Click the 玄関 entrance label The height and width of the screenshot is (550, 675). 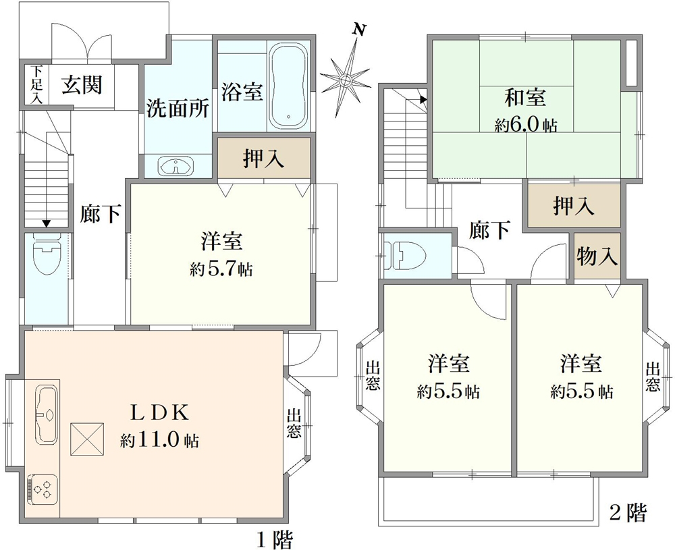click(x=82, y=84)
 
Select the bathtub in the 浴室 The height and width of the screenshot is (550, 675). click(x=288, y=85)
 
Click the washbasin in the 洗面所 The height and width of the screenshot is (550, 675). click(x=176, y=166)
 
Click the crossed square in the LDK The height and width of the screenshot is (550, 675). click(x=87, y=439)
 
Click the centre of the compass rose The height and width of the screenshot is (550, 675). click(x=345, y=80)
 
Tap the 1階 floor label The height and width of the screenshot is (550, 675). click(x=275, y=539)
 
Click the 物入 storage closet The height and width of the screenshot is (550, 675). click(x=597, y=256)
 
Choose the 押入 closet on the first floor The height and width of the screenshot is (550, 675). click(x=264, y=158)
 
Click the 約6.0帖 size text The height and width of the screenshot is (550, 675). click(x=526, y=126)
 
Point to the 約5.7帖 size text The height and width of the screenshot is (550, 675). click(x=221, y=269)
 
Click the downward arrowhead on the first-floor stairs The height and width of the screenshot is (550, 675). click(x=46, y=223)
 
